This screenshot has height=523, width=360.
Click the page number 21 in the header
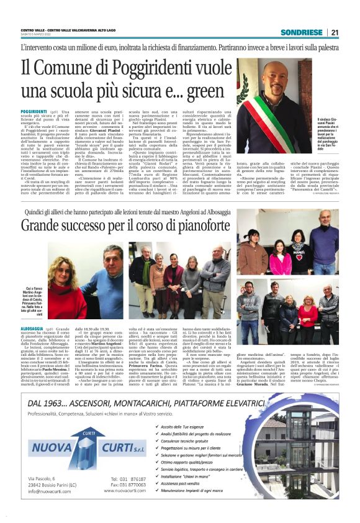coord(334,32)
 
